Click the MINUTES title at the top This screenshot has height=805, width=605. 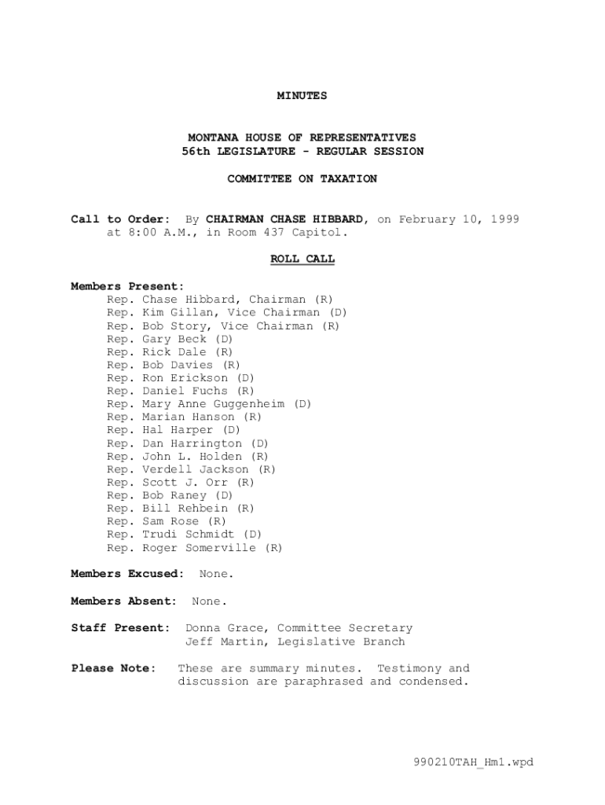[302, 96]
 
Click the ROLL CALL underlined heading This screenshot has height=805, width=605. [302, 259]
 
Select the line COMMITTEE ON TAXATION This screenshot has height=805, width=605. [302, 179]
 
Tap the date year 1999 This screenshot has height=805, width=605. [504, 219]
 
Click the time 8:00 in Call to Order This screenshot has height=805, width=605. [141, 233]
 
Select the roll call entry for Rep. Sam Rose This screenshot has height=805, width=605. [167, 521]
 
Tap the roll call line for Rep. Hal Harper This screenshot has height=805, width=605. [174, 430]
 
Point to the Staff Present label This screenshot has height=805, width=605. [120, 628]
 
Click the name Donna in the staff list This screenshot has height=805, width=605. [202, 628]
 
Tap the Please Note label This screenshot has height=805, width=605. [113, 668]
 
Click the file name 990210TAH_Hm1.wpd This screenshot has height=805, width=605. [474, 762]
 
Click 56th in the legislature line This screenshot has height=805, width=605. [198, 152]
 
